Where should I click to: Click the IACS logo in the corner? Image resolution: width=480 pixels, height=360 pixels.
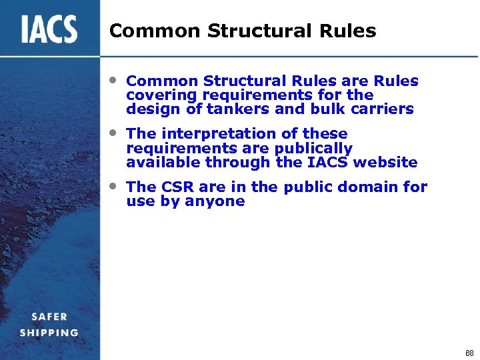point(49,29)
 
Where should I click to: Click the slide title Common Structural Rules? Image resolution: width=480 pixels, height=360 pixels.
point(242,31)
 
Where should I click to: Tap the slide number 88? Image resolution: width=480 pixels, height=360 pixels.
point(469,353)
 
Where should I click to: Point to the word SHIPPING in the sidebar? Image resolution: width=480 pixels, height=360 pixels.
point(49,333)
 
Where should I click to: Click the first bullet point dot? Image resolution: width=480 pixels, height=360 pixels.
point(114,79)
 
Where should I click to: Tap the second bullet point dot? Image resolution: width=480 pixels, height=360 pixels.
point(114,133)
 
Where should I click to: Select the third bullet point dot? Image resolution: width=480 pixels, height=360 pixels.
point(114,185)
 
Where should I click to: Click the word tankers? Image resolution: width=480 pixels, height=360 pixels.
point(224,109)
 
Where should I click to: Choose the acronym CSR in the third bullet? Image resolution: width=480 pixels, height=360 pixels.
point(175,187)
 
